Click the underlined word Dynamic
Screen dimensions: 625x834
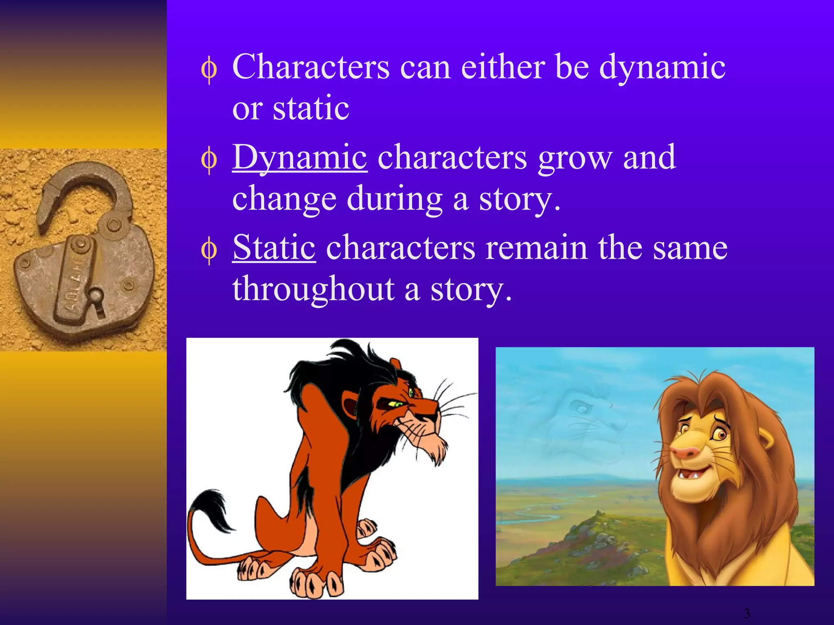click(300, 158)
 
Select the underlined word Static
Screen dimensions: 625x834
click(274, 247)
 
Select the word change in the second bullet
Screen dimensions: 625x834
click(284, 199)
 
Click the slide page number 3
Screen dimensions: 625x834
click(746, 613)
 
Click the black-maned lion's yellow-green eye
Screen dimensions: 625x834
click(394, 404)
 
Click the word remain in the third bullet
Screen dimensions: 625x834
click(536, 248)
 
